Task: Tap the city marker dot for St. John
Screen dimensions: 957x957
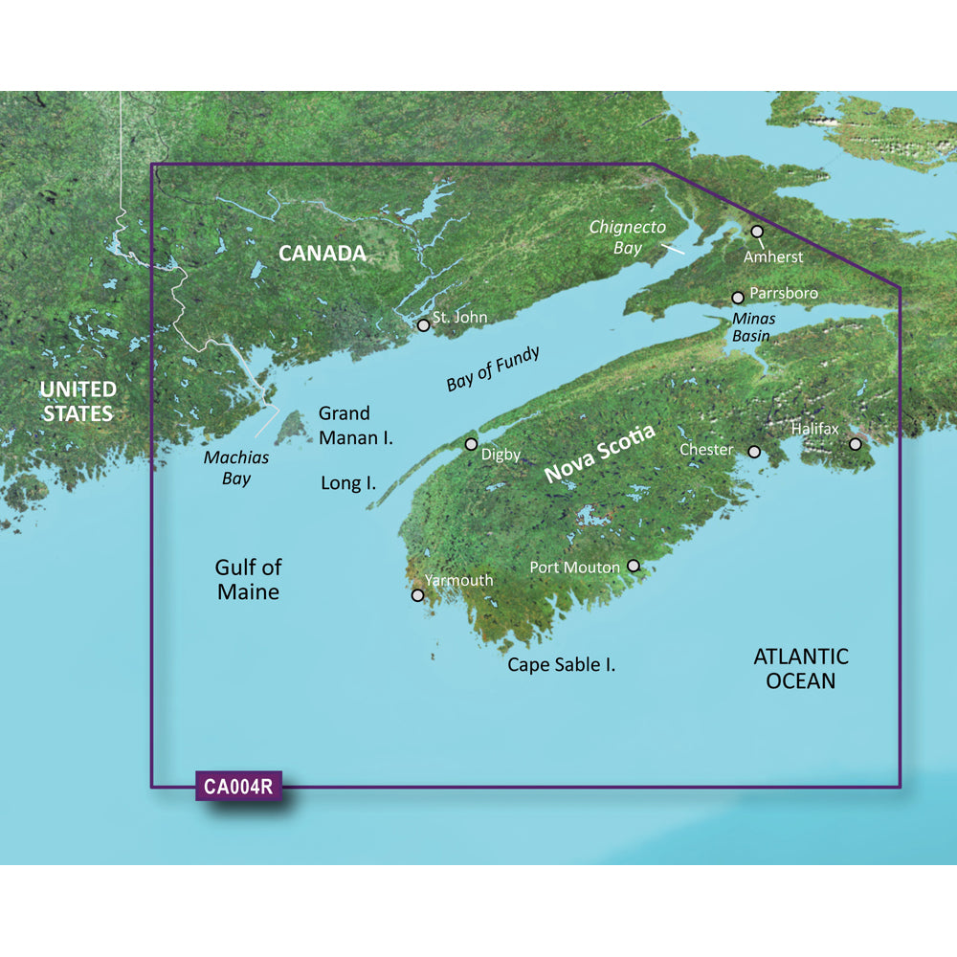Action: point(423,325)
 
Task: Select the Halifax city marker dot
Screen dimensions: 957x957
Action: point(856,444)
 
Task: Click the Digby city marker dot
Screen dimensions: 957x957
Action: point(471,444)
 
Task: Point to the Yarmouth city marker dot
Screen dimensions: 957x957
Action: point(417,595)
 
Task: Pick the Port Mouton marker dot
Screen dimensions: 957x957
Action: point(632,567)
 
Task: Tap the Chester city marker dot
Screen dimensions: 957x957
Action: point(754,452)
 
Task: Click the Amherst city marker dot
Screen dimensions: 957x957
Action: point(757,232)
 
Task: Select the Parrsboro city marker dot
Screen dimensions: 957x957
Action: point(738,298)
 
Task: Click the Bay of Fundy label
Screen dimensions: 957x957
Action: point(493,368)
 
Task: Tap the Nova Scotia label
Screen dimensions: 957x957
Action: point(599,454)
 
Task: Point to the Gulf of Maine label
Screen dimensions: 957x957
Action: point(248,579)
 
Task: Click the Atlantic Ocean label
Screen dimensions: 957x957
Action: point(800,668)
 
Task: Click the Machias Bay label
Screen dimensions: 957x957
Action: point(235,468)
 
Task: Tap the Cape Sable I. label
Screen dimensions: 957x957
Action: point(561,664)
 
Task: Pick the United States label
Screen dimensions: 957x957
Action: point(77,402)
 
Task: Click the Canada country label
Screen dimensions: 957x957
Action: point(322,254)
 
